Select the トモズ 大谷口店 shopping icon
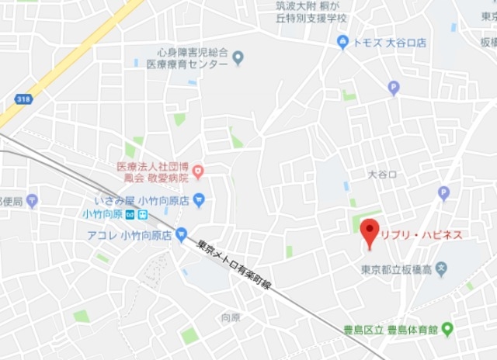342,42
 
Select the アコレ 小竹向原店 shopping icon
181,233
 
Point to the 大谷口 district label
383,175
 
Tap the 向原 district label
231,317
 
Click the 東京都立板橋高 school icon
441,270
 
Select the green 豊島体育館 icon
447,330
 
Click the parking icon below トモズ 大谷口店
394,88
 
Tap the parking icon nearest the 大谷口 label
443,192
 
